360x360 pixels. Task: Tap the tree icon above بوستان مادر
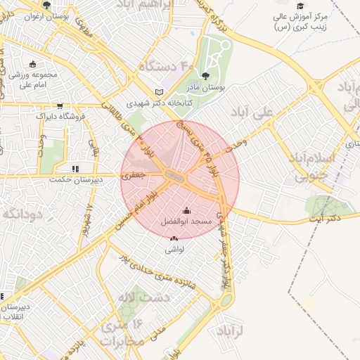(x=205, y=75)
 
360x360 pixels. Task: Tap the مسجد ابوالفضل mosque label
(x=186, y=221)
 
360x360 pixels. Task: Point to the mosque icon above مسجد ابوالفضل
(x=186, y=210)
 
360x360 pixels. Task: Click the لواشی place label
(x=174, y=249)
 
